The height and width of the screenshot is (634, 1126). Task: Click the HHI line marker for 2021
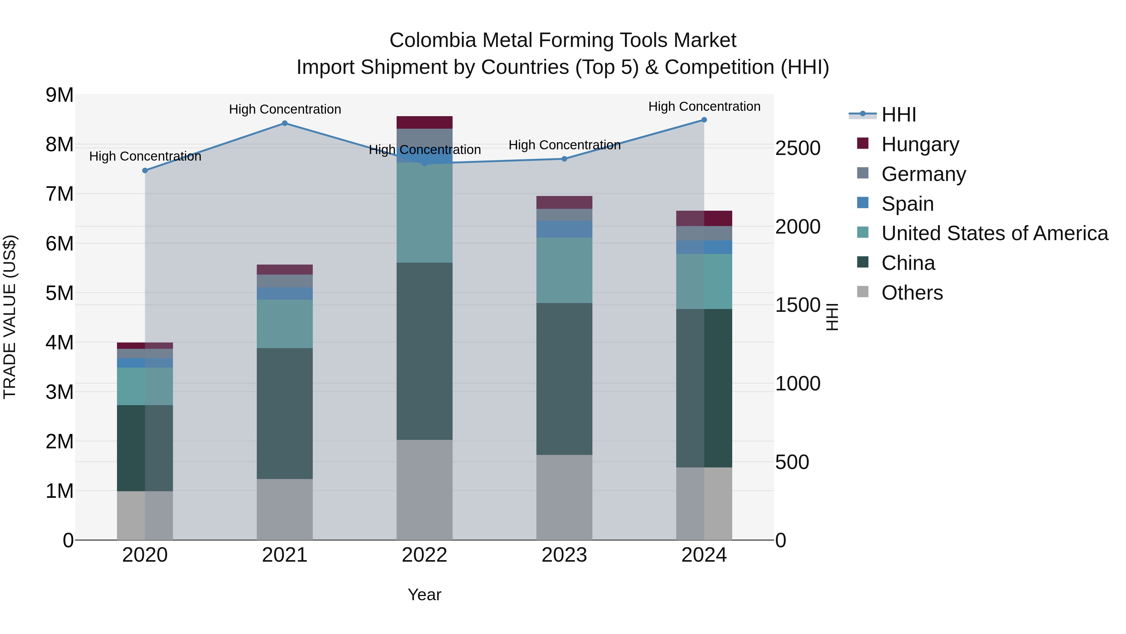click(x=285, y=123)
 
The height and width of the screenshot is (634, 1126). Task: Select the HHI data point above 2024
click(x=704, y=120)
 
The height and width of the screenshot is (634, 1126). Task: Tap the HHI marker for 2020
click(x=145, y=171)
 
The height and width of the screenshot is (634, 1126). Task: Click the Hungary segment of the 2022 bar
click(x=424, y=122)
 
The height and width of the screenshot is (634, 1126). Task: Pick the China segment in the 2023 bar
click(x=564, y=379)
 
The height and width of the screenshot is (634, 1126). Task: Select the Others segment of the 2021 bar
click(x=285, y=509)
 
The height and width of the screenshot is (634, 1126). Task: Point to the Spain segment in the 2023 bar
click(x=564, y=229)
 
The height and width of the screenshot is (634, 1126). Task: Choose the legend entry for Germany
click(x=923, y=174)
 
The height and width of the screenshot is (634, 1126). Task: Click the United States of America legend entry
click(x=994, y=233)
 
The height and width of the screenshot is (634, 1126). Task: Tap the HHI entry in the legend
click(x=898, y=115)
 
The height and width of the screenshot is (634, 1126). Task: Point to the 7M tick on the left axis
click(x=59, y=194)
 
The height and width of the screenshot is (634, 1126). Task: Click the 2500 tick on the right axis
click(x=798, y=148)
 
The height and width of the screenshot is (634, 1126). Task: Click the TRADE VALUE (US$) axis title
click(x=10, y=317)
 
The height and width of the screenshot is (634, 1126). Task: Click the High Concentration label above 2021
click(x=285, y=109)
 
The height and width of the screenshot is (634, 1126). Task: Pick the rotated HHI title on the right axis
click(x=832, y=317)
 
